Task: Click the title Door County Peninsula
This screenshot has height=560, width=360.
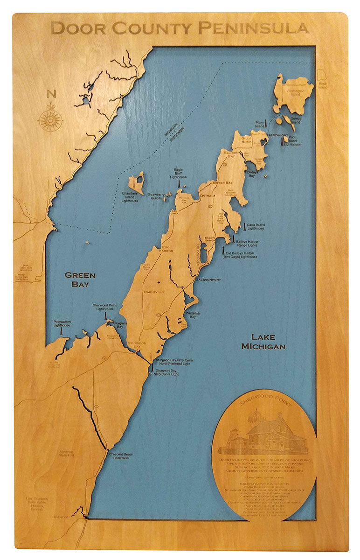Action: [180, 28]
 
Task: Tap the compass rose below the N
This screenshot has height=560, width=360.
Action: [50, 120]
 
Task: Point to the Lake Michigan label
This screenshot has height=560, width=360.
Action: [263, 342]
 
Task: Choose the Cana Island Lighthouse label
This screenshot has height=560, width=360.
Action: [256, 227]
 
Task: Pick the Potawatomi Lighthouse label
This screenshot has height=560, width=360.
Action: [62, 323]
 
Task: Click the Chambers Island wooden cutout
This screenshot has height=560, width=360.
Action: [138, 182]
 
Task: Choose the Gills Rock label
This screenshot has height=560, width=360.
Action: [246, 139]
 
